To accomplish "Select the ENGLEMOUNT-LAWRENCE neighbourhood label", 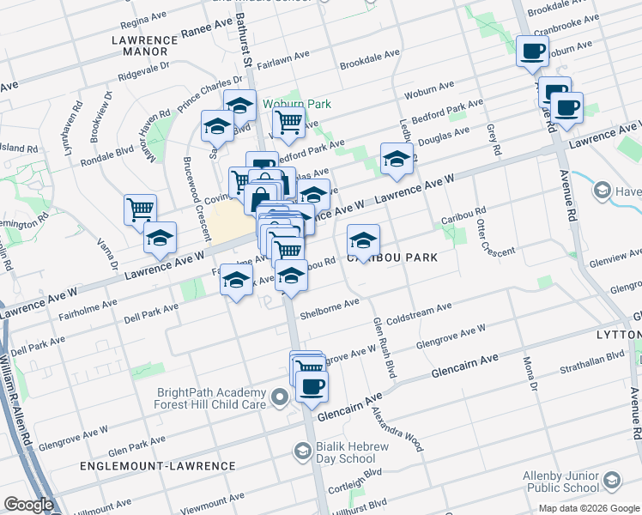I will point(157,466).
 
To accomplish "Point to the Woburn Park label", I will point(297,104).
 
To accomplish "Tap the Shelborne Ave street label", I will point(329,306).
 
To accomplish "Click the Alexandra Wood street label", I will point(397,428).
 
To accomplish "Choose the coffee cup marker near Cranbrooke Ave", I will point(532,50).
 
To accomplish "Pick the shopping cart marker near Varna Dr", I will point(139,208).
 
